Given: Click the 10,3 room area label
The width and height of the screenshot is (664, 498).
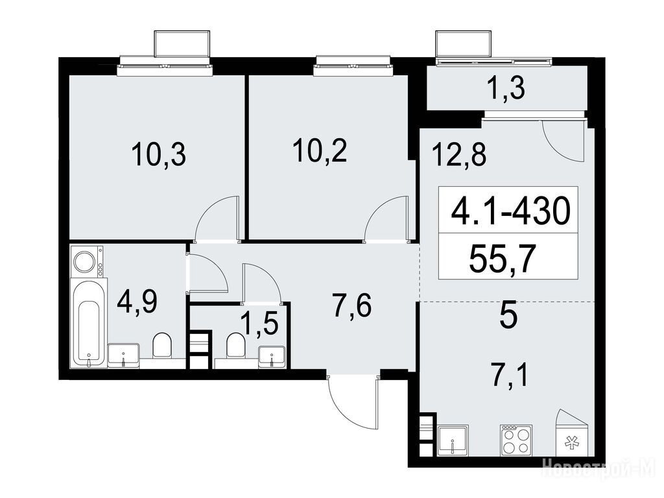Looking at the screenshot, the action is coord(158,154).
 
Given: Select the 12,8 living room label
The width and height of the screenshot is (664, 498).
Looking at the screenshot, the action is coord(459,154).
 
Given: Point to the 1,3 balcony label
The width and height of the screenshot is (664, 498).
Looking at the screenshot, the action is coord(507,88).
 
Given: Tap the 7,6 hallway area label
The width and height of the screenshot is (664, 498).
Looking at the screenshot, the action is coord(352,306).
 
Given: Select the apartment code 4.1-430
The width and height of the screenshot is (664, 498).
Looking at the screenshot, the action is coord(511,211).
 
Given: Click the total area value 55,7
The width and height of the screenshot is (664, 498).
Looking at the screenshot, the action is coord(503,259).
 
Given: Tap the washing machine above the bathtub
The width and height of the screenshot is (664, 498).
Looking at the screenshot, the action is coord(88,262).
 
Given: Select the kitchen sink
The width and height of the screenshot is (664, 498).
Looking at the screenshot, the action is coord(453,441).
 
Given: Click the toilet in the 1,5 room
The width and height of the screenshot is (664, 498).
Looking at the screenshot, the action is coord(235,345).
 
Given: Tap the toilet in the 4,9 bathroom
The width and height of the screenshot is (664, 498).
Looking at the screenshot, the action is coord(161,345).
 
